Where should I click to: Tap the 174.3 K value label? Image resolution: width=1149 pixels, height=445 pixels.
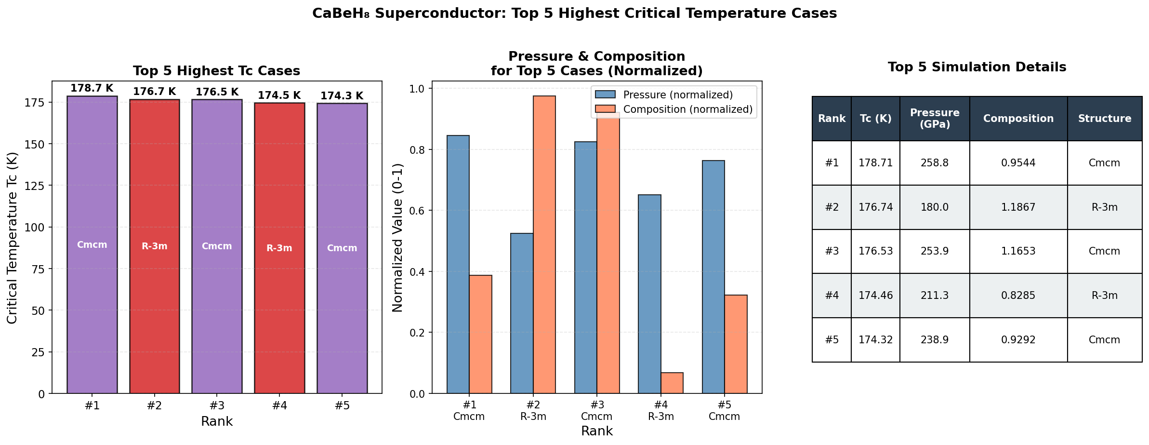click(342, 96)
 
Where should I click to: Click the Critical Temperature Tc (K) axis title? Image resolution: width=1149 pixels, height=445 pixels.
click(13, 238)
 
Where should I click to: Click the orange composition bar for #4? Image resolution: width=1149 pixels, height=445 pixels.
click(672, 383)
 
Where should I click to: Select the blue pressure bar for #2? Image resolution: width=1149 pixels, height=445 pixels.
click(522, 313)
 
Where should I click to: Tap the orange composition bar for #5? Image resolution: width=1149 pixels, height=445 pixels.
click(736, 344)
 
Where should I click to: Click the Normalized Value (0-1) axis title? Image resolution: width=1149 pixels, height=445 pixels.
click(398, 238)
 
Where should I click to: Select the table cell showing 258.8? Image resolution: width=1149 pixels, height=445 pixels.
click(935, 163)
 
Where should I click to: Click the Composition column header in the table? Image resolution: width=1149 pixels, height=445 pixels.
click(1018, 119)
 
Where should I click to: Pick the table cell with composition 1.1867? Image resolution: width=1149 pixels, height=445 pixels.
click(1018, 207)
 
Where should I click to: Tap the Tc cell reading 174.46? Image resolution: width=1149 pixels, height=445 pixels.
click(875, 296)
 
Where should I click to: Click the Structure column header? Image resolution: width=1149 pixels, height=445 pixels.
click(1105, 119)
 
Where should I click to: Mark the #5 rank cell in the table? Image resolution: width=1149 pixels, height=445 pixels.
click(832, 340)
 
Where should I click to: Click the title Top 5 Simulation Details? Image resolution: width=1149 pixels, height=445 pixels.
click(977, 67)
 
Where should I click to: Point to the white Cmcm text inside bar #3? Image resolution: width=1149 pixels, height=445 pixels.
click(217, 246)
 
